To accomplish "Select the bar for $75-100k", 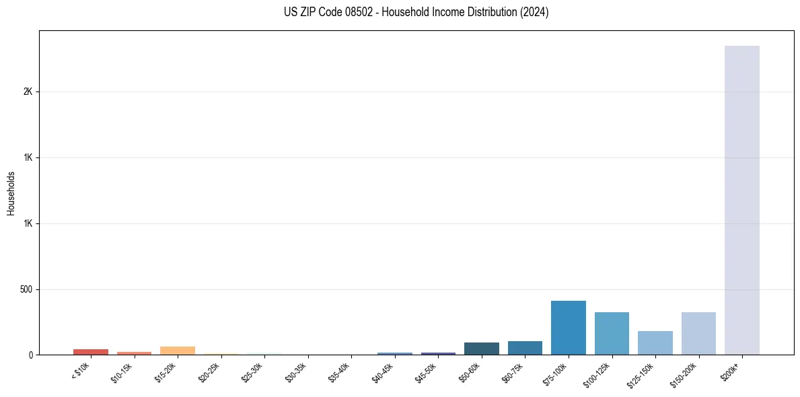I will point(568,328).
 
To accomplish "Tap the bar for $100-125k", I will point(612,333).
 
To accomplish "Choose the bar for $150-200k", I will point(698,333).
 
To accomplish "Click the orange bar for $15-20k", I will point(178,351).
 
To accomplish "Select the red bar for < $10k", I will point(91,352).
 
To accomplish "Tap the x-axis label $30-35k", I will point(295,373).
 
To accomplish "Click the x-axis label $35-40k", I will point(338,373).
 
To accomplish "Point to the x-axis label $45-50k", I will point(425,373).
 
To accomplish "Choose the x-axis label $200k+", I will point(731,371).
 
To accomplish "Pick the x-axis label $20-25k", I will point(209,373).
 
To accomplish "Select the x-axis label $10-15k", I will point(122,373).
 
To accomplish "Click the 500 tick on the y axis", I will point(26,289).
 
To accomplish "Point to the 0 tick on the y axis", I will point(31,355).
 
